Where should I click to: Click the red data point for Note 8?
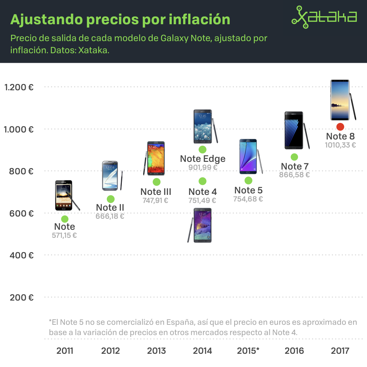[x=340, y=127]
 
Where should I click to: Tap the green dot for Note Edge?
[x=202, y=149]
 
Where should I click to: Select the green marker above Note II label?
[x=110, y=199]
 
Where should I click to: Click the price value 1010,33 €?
[x=340, y=145]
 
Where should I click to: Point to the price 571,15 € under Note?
[x=65, y=236]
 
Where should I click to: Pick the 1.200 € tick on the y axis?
[x=19, y=87]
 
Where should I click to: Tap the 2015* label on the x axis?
[x=248, y=351]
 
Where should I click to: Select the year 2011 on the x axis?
[x=65, y=351]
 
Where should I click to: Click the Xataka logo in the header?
[x=324, y=17]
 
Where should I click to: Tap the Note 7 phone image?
[x=295, y=131]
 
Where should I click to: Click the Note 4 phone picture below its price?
[x=202, y=225]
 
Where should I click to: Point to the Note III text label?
[x=156, y=192]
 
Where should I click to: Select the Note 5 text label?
[x=248, y=190]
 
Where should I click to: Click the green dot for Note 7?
[x=294, y=157]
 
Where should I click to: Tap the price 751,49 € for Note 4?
[x=202, y=201]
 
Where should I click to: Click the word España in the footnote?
[x=179, y=323]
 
